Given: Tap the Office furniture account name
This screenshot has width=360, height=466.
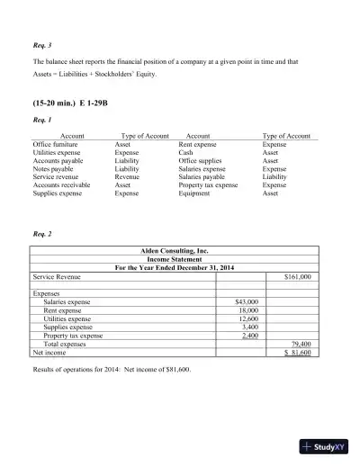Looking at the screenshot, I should (55, 143).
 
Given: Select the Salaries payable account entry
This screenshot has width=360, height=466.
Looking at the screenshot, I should (202, 175).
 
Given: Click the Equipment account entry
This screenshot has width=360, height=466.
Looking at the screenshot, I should (194, 192).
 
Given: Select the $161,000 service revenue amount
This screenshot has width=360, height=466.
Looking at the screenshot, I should (297, 277).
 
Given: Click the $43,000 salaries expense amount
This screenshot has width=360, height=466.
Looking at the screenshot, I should (246, 302).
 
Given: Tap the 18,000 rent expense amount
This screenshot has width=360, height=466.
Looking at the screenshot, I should (247, 310).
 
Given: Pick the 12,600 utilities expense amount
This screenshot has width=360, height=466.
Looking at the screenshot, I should (247, 318).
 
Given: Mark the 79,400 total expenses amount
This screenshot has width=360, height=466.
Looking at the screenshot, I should (300, 344).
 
